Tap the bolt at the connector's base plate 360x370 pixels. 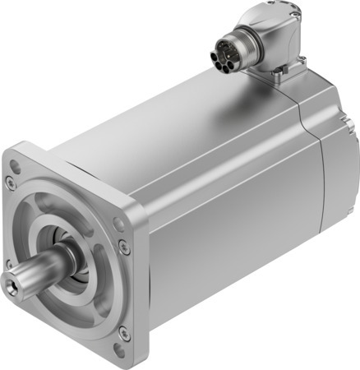(280, 77)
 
